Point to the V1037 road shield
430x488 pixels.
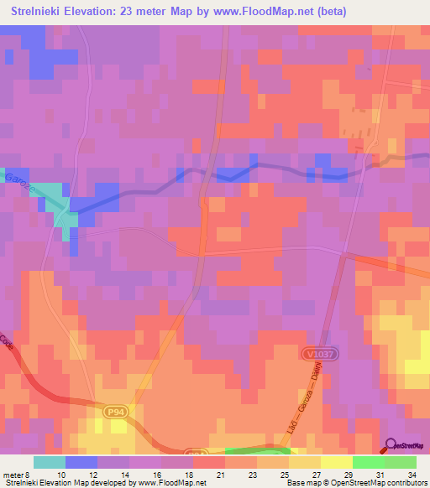314,356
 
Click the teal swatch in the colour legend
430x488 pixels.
49,462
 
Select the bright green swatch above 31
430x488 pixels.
368,462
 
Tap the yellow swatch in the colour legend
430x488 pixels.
336,462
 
